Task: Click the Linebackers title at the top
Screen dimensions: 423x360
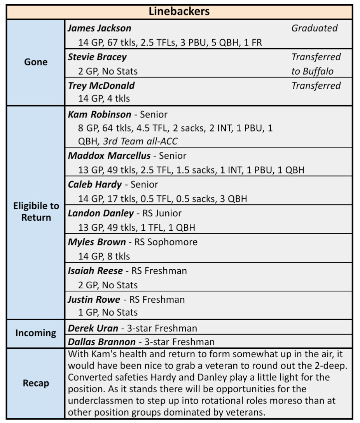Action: tap(179, 11)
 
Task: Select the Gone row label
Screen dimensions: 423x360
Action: tap(36, 62)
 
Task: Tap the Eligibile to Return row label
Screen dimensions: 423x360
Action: tap(36, 212)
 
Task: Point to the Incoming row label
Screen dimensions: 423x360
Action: tap(36, 333)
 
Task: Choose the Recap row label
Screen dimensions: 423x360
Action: tap(36, 383)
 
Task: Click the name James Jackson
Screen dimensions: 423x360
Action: tap(100, 28)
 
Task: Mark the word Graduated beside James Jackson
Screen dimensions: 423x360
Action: tap(314, 28)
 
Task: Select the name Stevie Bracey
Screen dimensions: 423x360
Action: tap(97, 57)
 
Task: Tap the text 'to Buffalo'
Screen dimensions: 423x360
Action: tap(313, 71)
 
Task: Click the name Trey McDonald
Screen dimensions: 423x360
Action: tap(101, 86)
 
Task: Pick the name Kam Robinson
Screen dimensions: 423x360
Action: tap(100, 114)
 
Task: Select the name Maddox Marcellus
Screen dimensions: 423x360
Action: tap(109, 156)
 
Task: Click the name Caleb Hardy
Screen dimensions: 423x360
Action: tap(95, 184)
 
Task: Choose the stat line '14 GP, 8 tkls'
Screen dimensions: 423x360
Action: tap(104, 256)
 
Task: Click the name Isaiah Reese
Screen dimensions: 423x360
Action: tap(95, 270)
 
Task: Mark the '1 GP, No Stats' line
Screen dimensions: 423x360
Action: tap(108, 312)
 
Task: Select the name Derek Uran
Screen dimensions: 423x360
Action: tap(93, 328)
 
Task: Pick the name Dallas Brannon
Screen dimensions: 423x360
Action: tap(102, 342)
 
